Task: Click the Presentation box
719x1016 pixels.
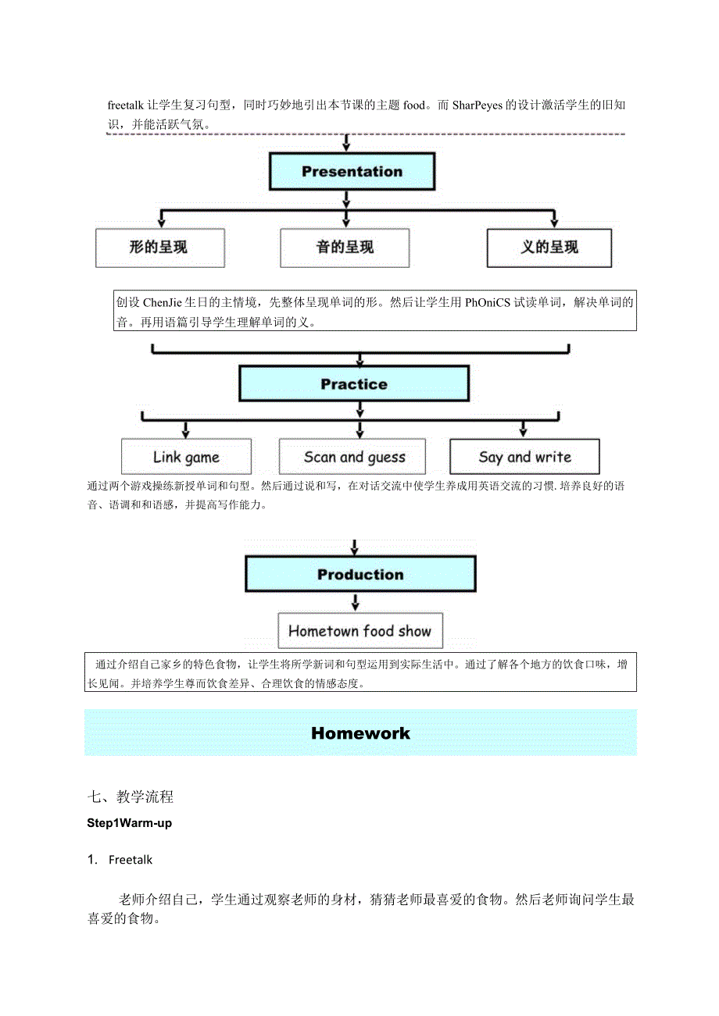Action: [352, 172]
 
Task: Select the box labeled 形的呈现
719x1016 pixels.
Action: [159, 248]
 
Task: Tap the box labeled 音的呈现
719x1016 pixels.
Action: [345, 248]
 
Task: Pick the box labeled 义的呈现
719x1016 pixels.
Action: [549, 248]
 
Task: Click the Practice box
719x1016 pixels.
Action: [354, 384]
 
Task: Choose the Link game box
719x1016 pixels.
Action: [186, 457]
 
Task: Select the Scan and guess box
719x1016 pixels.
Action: [352, 457]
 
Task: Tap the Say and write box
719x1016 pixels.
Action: [524, 457]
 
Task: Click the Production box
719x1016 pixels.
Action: [360, 575]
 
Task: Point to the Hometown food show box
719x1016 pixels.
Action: [359, 631]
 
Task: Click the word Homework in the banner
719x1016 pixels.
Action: [360, 733]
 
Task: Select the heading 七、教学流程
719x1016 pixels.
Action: [131, 797]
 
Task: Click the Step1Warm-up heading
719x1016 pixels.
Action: [130, 823]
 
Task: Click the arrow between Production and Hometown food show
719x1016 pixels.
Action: [356, 602]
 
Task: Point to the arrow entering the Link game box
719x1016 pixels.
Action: [185, 429]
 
